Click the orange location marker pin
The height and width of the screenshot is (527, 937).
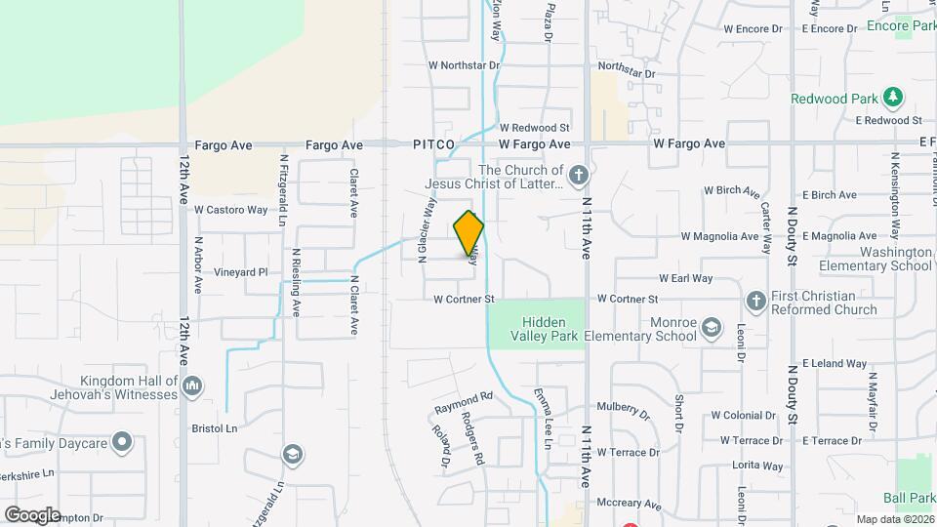pos(469,232)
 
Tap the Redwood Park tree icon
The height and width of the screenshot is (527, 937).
pos(891,97)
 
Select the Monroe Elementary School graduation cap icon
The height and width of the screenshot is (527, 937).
pos(712,328)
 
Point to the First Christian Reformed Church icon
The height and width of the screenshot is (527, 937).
pos(755,302)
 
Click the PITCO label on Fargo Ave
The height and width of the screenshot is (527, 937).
pos(433,144)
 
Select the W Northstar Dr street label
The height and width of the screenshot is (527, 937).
pos(464,65)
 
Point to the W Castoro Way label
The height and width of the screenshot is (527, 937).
pos(230,210)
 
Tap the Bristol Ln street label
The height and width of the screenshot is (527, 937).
pos(215,428)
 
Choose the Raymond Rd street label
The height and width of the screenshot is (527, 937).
pos(465,400)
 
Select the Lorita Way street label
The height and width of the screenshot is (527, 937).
pos(758,466)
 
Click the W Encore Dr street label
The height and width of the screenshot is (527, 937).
pos(753,29)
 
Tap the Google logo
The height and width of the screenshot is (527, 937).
pos(32,514)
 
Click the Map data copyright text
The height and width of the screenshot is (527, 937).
pos(892,519)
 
